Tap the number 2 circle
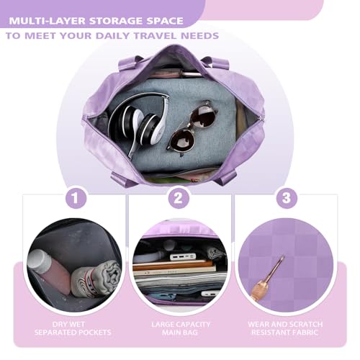(x=180, y=197)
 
